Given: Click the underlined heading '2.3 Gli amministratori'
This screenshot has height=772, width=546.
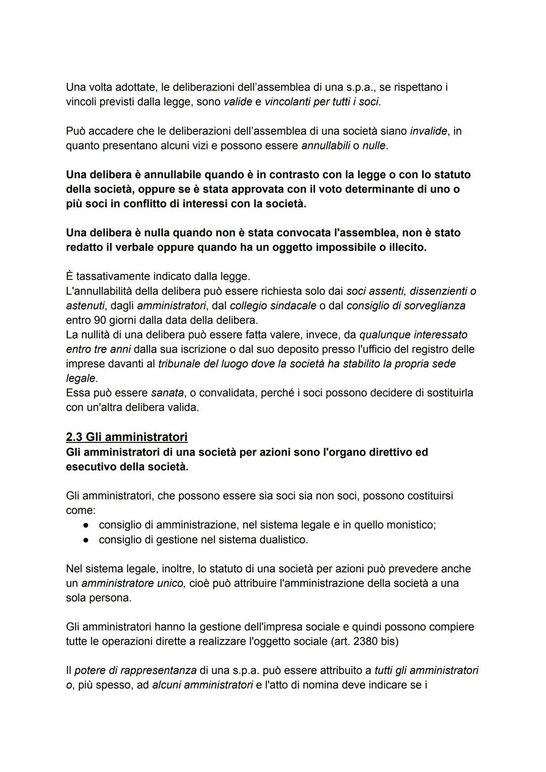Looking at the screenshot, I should pos(126,437).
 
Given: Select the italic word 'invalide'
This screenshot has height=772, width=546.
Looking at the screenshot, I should pos(428,131).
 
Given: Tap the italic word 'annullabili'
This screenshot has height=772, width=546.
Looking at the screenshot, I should pos(325,146).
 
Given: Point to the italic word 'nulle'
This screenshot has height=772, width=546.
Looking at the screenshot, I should pos(374,146).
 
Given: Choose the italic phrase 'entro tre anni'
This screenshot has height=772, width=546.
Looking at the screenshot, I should pos(98,349).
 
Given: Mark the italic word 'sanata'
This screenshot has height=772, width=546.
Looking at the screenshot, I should pos(167,393).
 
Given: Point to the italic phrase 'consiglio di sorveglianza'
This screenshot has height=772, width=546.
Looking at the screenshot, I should pos(406,306).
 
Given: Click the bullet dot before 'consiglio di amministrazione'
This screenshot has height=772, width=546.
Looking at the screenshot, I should pos(86,525).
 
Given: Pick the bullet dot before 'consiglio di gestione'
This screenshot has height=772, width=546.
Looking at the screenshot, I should pos(86,540).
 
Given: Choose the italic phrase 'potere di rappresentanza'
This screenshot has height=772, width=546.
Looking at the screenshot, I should pos(135,671).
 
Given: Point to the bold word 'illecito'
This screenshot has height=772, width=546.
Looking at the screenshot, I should pos(406,248).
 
